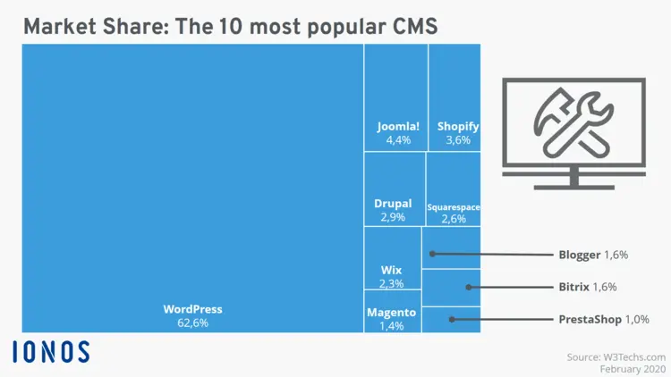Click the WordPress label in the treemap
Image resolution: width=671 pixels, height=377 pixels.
pyautogui.click(x=192, y=309)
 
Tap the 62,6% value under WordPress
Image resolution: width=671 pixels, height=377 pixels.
pyautogui.click(x=192, y=323)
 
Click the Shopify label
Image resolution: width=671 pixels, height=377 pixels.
pyautogui.click(x=458, y=127)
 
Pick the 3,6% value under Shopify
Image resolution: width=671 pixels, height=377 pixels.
pyautogui.click(x=458, y=140)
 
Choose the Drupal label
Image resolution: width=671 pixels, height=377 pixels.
pyautogui.click(x=393, y=204)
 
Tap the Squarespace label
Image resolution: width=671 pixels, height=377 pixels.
pyautogui.click(x=454, y=207)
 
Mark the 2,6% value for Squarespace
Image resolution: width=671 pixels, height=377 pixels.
pyautogui.click(x=454, y=219)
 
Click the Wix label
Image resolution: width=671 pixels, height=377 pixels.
pyautogui.click(x=391, y=270)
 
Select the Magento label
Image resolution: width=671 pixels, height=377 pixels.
pyautogui.click(x=391, y=313)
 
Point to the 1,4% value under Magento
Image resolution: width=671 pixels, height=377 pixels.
pyautogui.click(x=391, y=326)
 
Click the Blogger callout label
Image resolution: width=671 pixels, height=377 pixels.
pyautogui.click(x=580, y=255)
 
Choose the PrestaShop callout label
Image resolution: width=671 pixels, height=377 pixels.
pyautogui.click(x=591, y=319)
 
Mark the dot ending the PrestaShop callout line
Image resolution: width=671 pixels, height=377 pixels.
pyautogui.click(x=452, y=319)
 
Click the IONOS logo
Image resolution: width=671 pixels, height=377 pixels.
pyautogui.click(x=51, y=351)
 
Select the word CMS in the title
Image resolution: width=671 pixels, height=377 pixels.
pyautogui.click(x=409, y=26)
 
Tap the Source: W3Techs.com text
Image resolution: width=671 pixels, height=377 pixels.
pyautogui.click(x=616, y=356)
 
